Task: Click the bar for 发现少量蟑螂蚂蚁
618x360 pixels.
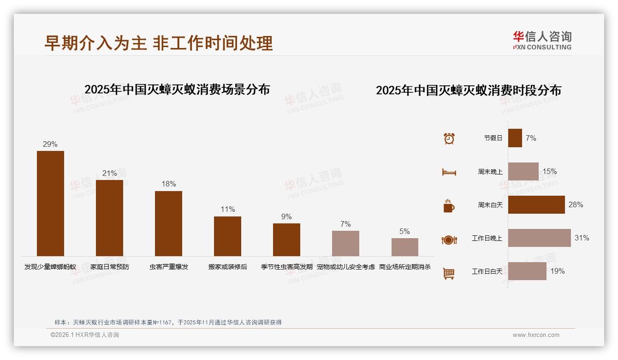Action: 50,204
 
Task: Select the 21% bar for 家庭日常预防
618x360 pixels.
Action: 109,218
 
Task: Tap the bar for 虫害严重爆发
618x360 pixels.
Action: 168,223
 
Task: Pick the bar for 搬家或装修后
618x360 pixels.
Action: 227,236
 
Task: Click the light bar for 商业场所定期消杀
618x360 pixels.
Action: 404,247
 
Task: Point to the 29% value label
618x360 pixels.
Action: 50,144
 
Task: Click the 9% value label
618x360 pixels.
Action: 286,216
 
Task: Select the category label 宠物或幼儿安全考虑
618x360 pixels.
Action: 345,267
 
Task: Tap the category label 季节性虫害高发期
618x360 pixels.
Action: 286,267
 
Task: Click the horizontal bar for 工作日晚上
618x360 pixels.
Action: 539,238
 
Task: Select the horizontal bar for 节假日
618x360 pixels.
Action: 515,138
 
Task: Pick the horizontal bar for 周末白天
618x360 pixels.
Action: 536,205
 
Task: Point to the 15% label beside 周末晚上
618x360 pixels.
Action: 549,172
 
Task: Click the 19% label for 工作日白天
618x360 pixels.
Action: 557,271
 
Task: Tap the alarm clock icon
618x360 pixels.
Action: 449,138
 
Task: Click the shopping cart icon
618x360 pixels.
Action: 449,274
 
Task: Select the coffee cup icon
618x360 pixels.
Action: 449,206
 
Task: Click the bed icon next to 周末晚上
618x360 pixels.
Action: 449,172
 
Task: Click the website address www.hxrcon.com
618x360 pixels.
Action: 535,335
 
